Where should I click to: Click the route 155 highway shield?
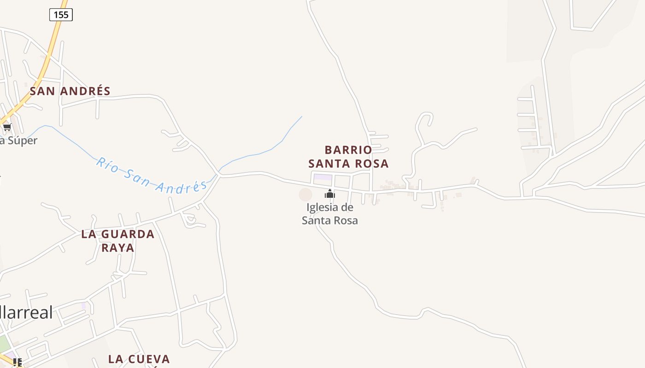pos(61,15)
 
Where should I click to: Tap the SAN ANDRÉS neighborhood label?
pos(70,91)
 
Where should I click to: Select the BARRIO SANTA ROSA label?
pos(348,156)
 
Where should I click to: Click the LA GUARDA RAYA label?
pos(117,241)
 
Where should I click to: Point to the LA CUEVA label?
pos(139,359)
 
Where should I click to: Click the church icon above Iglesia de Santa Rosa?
pos(329,194)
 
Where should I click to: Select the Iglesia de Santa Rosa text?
pos(330,214)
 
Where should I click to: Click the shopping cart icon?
pos(7,127)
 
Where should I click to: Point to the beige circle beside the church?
pos(305,195)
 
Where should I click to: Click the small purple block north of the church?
pos(322,177)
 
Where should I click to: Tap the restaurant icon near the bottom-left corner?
pos(18,362)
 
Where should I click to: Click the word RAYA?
pos(117,248)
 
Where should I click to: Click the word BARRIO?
pos(348,150)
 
